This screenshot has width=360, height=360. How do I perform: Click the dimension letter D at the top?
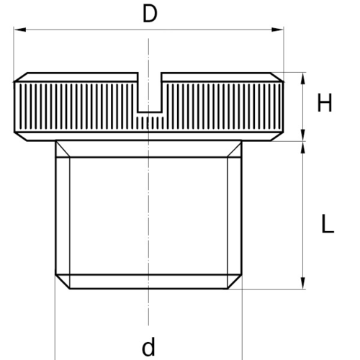click(150, 14)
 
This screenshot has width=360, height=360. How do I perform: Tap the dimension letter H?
click(325, 103)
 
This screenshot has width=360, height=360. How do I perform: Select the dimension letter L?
click(328, 224)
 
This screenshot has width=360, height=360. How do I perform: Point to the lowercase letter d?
click(148, 346)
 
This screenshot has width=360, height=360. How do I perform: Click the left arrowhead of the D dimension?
click(19, 30)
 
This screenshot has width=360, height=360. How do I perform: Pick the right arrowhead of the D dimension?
click(277, 30)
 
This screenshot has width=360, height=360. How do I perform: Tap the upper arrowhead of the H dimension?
click(303, 78)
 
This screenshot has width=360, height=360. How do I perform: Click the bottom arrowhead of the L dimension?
click(303, 283)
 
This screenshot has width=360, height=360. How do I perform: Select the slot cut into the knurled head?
click(150, 92)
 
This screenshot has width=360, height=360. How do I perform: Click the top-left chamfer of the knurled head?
click(21, 77)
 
